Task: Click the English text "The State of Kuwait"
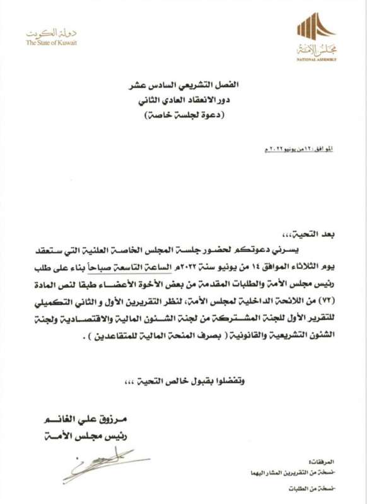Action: (52, 43)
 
